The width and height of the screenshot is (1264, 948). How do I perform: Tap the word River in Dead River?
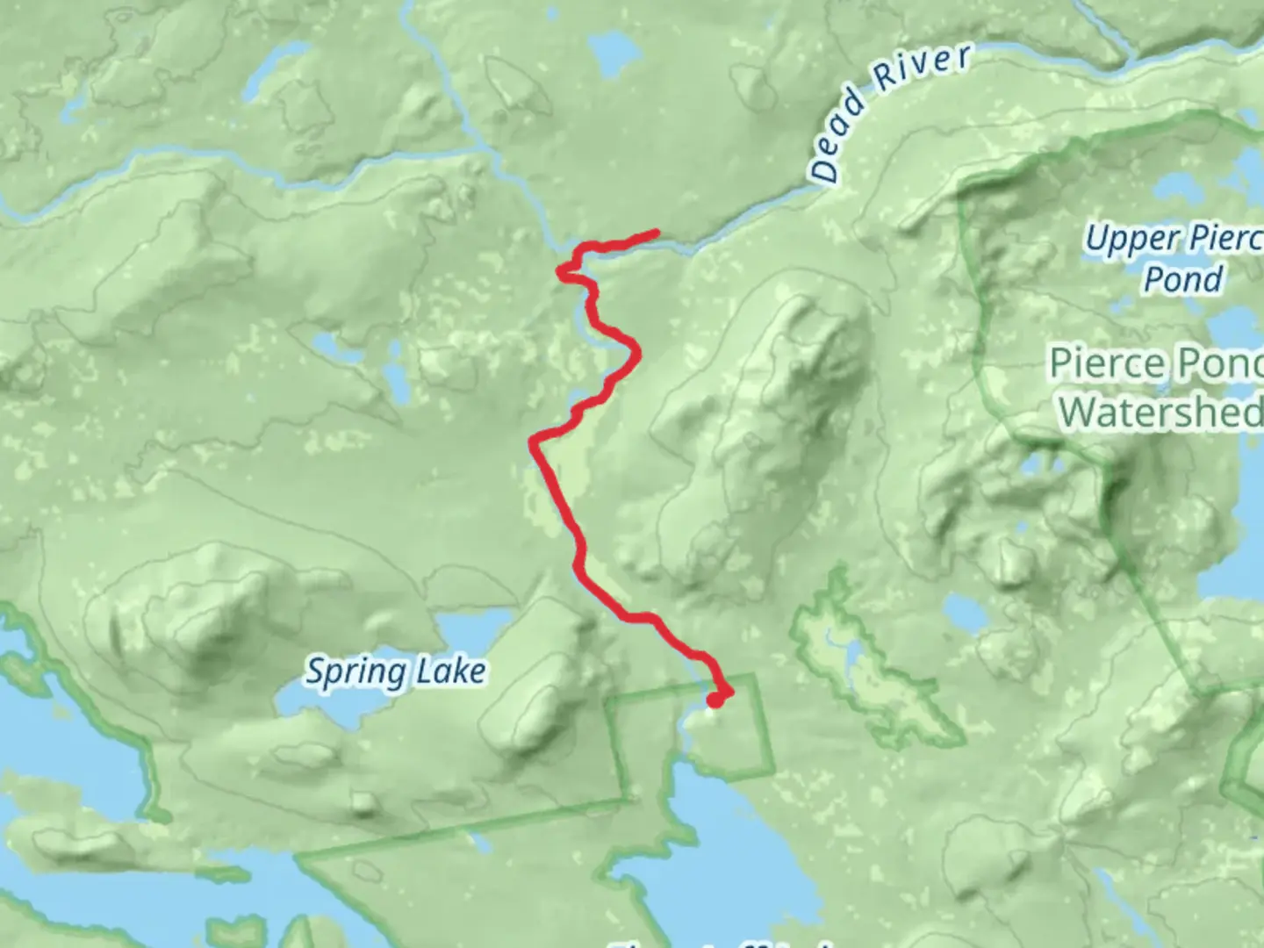coord(923,68)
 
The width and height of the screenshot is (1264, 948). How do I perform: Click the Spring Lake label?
coord(395,671)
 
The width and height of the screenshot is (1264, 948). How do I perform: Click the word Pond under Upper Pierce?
coord(1183,279)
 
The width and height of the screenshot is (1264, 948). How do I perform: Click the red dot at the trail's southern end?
coord(716,699)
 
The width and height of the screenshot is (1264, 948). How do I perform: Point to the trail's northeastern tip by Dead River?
coord(655,233)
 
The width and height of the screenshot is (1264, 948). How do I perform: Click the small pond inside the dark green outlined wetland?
coord(851,654)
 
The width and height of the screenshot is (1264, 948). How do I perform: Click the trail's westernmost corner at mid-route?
coord(532,441)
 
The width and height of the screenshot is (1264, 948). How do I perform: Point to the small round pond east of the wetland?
coord(960,609)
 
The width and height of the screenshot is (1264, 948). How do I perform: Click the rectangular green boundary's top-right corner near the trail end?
coord(753,676)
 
